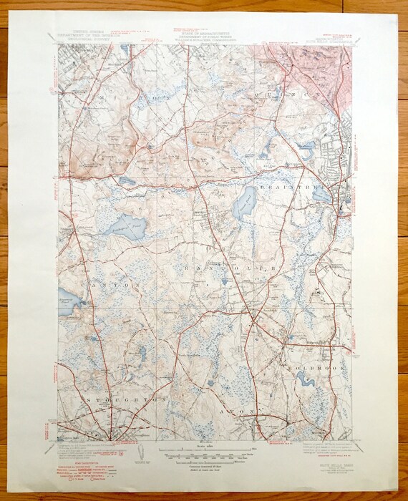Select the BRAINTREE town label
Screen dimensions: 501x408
click(x=293, y=182)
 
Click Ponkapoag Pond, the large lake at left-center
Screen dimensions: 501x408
click(x=127, y=228)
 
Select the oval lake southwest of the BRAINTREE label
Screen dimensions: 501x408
click(x=245, y=203)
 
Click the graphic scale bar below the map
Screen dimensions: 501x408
click(x=204, y=455)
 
